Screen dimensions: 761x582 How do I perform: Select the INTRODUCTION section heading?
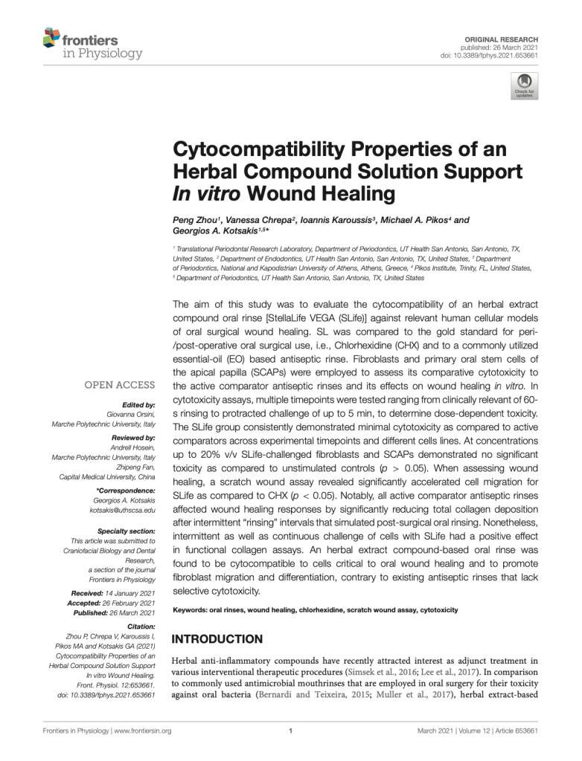pos(217,639)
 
